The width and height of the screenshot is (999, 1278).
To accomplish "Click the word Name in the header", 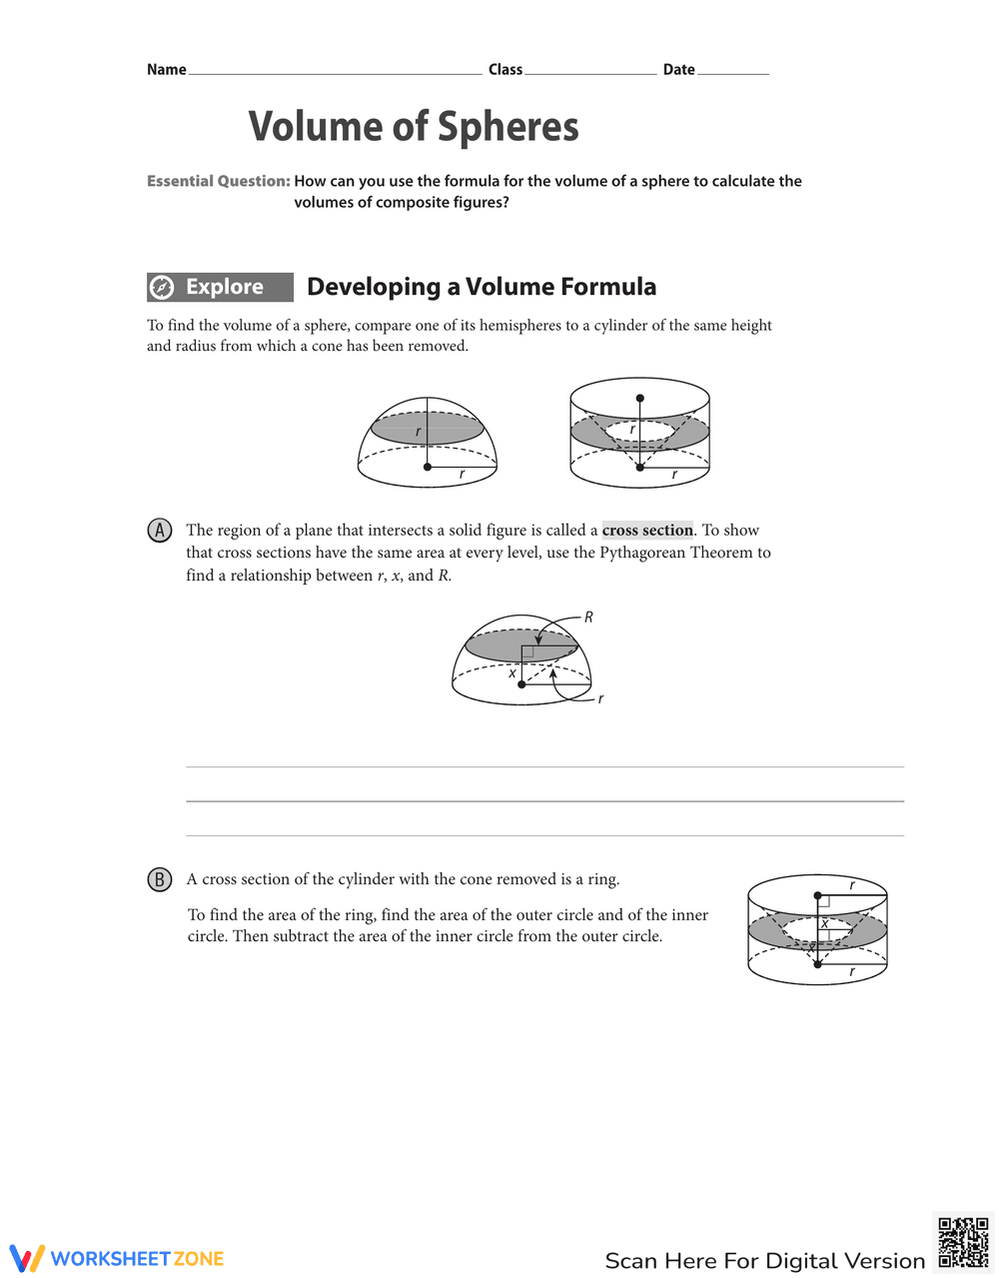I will pos(166,69).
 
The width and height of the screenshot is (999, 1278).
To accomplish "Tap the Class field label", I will pos(505,69).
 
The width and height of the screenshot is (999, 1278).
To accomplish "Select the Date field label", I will pos(678,69).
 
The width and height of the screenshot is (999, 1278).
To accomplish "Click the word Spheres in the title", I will pos(507,127).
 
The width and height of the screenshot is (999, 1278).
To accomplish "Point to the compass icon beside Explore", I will pos(162,288).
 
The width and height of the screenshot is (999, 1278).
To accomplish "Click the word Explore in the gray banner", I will pos(225,287).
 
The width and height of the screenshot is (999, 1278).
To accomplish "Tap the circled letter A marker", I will pos(159,531).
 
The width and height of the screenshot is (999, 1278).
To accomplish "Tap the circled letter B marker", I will pos(159,879).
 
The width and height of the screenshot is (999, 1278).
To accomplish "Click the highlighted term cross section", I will pos(647,531).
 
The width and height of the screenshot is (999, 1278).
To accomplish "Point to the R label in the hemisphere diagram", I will pos(589,618).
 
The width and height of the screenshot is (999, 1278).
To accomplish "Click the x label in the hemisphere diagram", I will pos(512,673).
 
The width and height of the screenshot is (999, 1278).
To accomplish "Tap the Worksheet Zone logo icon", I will pos(27,1258).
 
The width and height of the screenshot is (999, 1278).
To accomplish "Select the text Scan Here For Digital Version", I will pos(764,1260).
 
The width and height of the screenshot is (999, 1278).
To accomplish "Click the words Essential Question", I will pos(218,181).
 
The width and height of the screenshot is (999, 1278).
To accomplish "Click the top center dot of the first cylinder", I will pos(639,398).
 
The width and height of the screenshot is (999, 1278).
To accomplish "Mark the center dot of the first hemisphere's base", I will pos(428,467).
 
